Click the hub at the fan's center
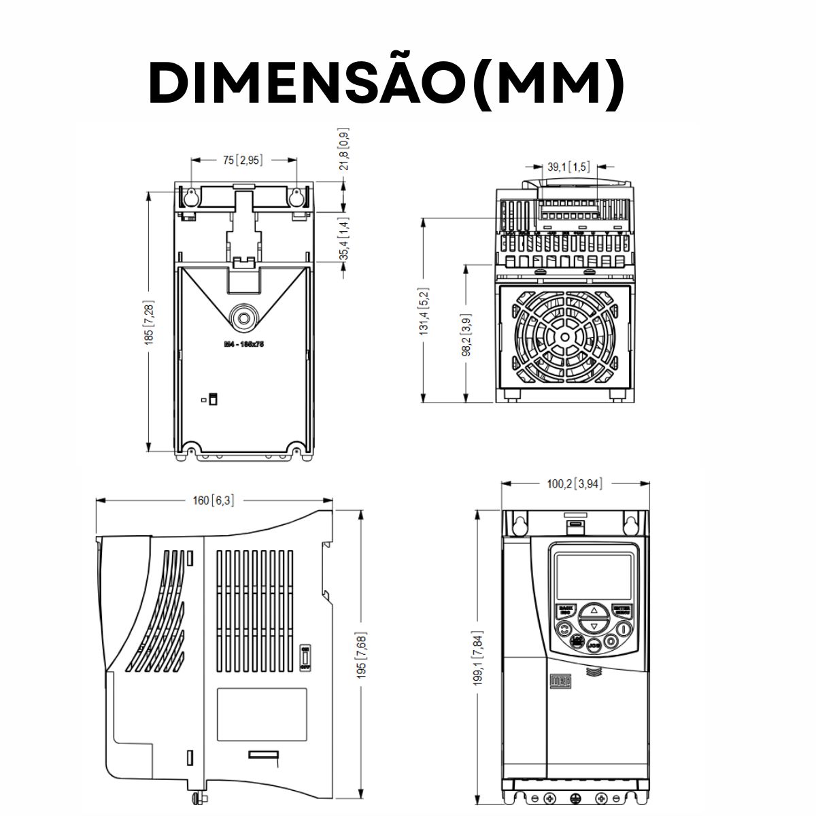pos(563,337)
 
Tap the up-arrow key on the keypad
pos(594,610)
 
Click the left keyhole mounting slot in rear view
pos(191,196)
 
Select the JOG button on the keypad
pos(594,643)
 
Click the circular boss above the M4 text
pos(243,317)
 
